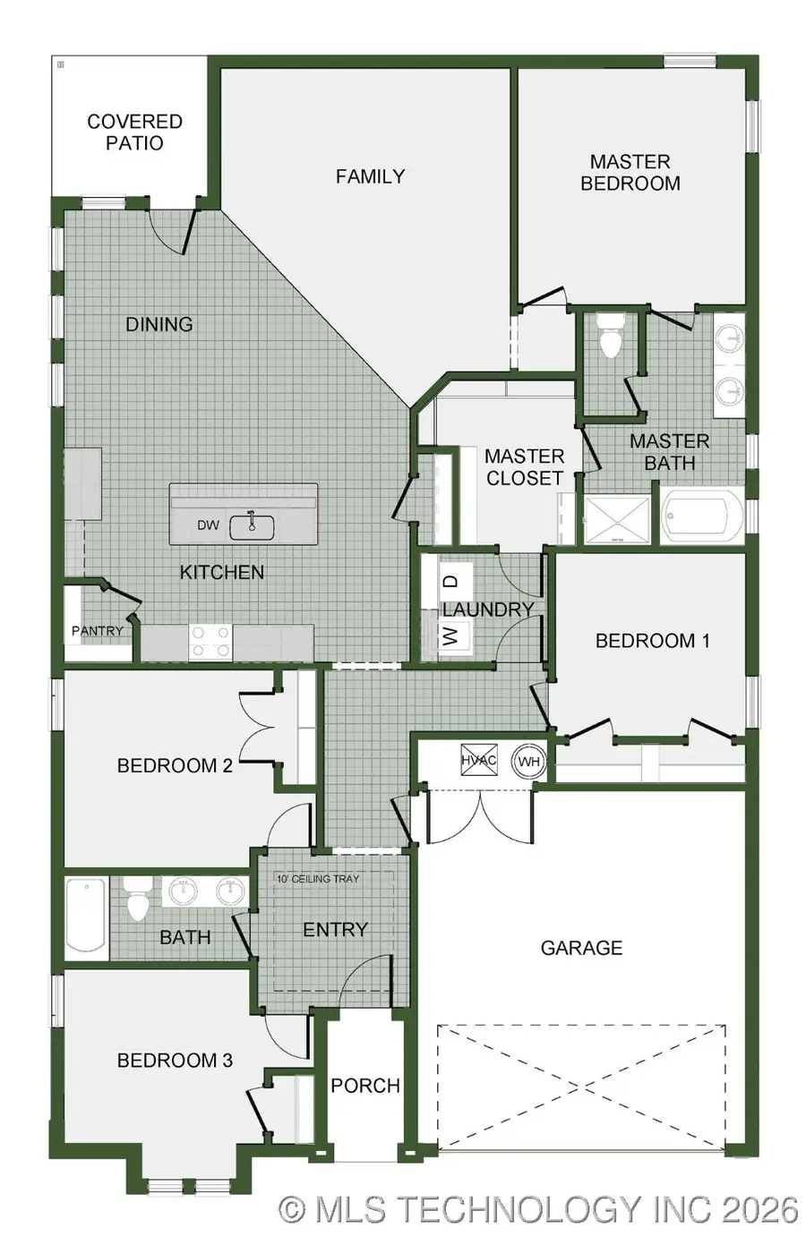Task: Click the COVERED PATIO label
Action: pyautogui.click(x=134, y=132)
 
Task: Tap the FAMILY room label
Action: pyautogui.click(x=370, y=176)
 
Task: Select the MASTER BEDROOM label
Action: pyautogui.click(x=630, y=173)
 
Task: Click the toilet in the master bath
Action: pyautogui.click(x=611, y=337)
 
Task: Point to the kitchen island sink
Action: pyautogui.click(x=252, y=526)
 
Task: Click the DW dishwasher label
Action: pyautogui.click(x=208, y=525)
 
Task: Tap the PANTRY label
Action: pyautogui.click(x=97, y=631)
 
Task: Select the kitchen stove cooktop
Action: pyautogui.click(x=210, y=642)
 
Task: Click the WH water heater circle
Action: pyautogui.click(x=528, y=763)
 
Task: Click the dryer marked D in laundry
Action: pyautogui.click(x=452, y=581)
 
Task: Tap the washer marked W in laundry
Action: pyautogui.click(x=451, y=636)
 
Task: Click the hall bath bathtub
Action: pyautogui.click(x=86, y=917)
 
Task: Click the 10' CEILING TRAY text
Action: pyautogui.click(x=317, y=879)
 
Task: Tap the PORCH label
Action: pyautogui.click(x=364, y=1086)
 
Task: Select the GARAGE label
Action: pyautogui.click(x=581, y=948)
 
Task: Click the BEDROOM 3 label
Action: pyautogui.click(x=175, y=1061)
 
